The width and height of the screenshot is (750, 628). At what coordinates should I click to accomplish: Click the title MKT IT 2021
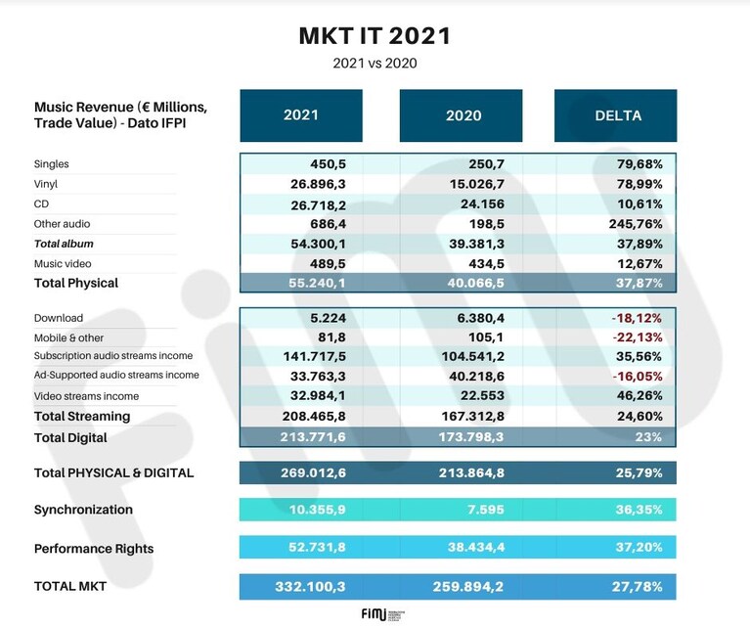375,36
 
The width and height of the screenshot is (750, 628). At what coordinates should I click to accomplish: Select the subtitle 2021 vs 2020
375,64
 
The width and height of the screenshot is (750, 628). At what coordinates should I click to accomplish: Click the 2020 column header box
462,115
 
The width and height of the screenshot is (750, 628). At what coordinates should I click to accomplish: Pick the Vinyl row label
45,184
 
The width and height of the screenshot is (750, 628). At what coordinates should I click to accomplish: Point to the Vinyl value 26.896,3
318,184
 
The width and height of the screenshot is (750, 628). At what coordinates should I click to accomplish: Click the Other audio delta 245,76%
636,224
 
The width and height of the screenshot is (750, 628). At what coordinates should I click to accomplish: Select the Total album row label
64,244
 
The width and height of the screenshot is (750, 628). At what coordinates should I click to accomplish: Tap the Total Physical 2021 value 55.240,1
317,283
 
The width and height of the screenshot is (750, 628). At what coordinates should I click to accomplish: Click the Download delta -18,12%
637,318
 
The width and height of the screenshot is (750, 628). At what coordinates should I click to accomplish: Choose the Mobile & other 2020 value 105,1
485,337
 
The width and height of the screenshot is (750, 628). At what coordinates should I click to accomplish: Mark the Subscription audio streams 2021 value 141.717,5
314,357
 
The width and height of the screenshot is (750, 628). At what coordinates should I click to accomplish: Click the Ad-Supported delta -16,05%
637,377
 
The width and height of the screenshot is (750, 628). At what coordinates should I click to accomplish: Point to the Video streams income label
86,396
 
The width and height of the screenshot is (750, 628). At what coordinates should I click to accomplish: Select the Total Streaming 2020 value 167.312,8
472,416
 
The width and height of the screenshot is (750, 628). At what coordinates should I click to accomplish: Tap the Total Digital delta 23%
648,437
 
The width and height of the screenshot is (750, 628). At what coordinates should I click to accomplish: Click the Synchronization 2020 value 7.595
485,510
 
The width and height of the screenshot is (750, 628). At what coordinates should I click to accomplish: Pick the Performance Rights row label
94,549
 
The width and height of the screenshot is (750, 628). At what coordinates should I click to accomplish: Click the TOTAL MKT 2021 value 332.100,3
310,587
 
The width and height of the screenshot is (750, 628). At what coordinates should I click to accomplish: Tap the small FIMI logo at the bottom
382,614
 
